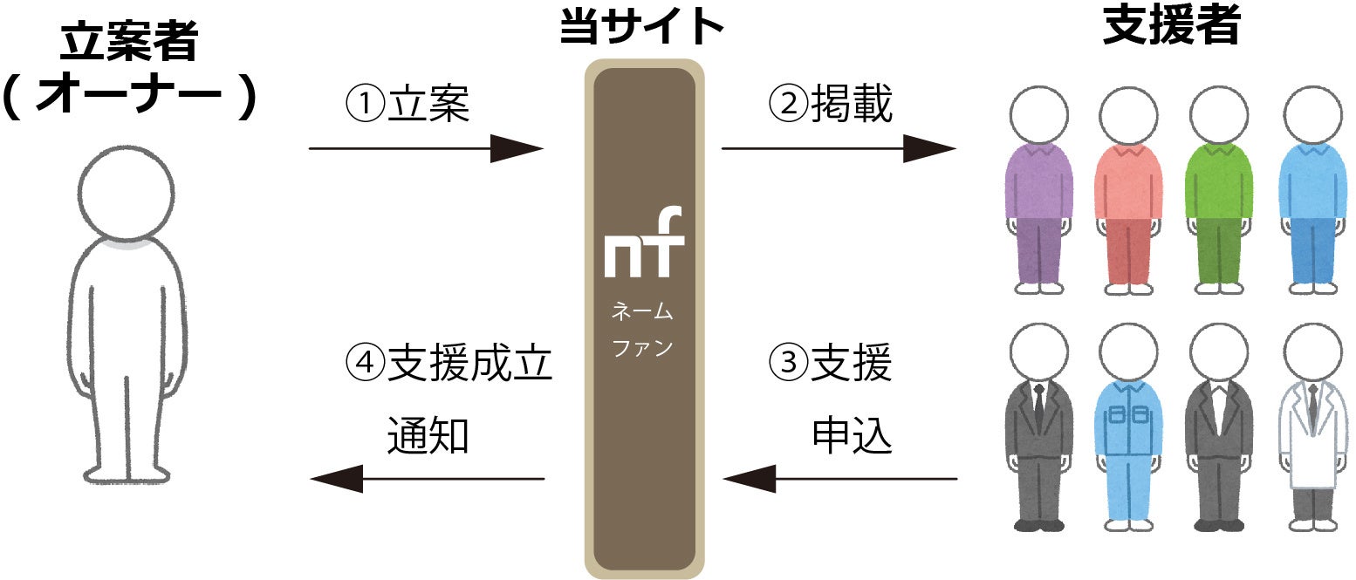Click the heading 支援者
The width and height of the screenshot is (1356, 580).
pos(1171,27)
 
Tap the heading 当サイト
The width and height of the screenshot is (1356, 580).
pos(643,27)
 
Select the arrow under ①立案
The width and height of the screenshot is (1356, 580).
pos(426,149)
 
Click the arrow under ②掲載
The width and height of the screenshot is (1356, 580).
pos(839,149)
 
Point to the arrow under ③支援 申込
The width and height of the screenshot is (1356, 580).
pos(839,479)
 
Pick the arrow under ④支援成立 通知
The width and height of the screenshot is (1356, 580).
pos(428,479)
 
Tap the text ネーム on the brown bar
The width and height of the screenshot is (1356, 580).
pos(643,311)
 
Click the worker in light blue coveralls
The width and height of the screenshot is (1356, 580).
pos(1128,427)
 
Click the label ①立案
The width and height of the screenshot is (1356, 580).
pos(407,106)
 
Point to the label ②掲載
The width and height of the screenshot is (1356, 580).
pos(831,106)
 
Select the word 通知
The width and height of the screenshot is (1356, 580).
pos(428,435)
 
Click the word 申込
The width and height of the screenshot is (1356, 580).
pos(852,435)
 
